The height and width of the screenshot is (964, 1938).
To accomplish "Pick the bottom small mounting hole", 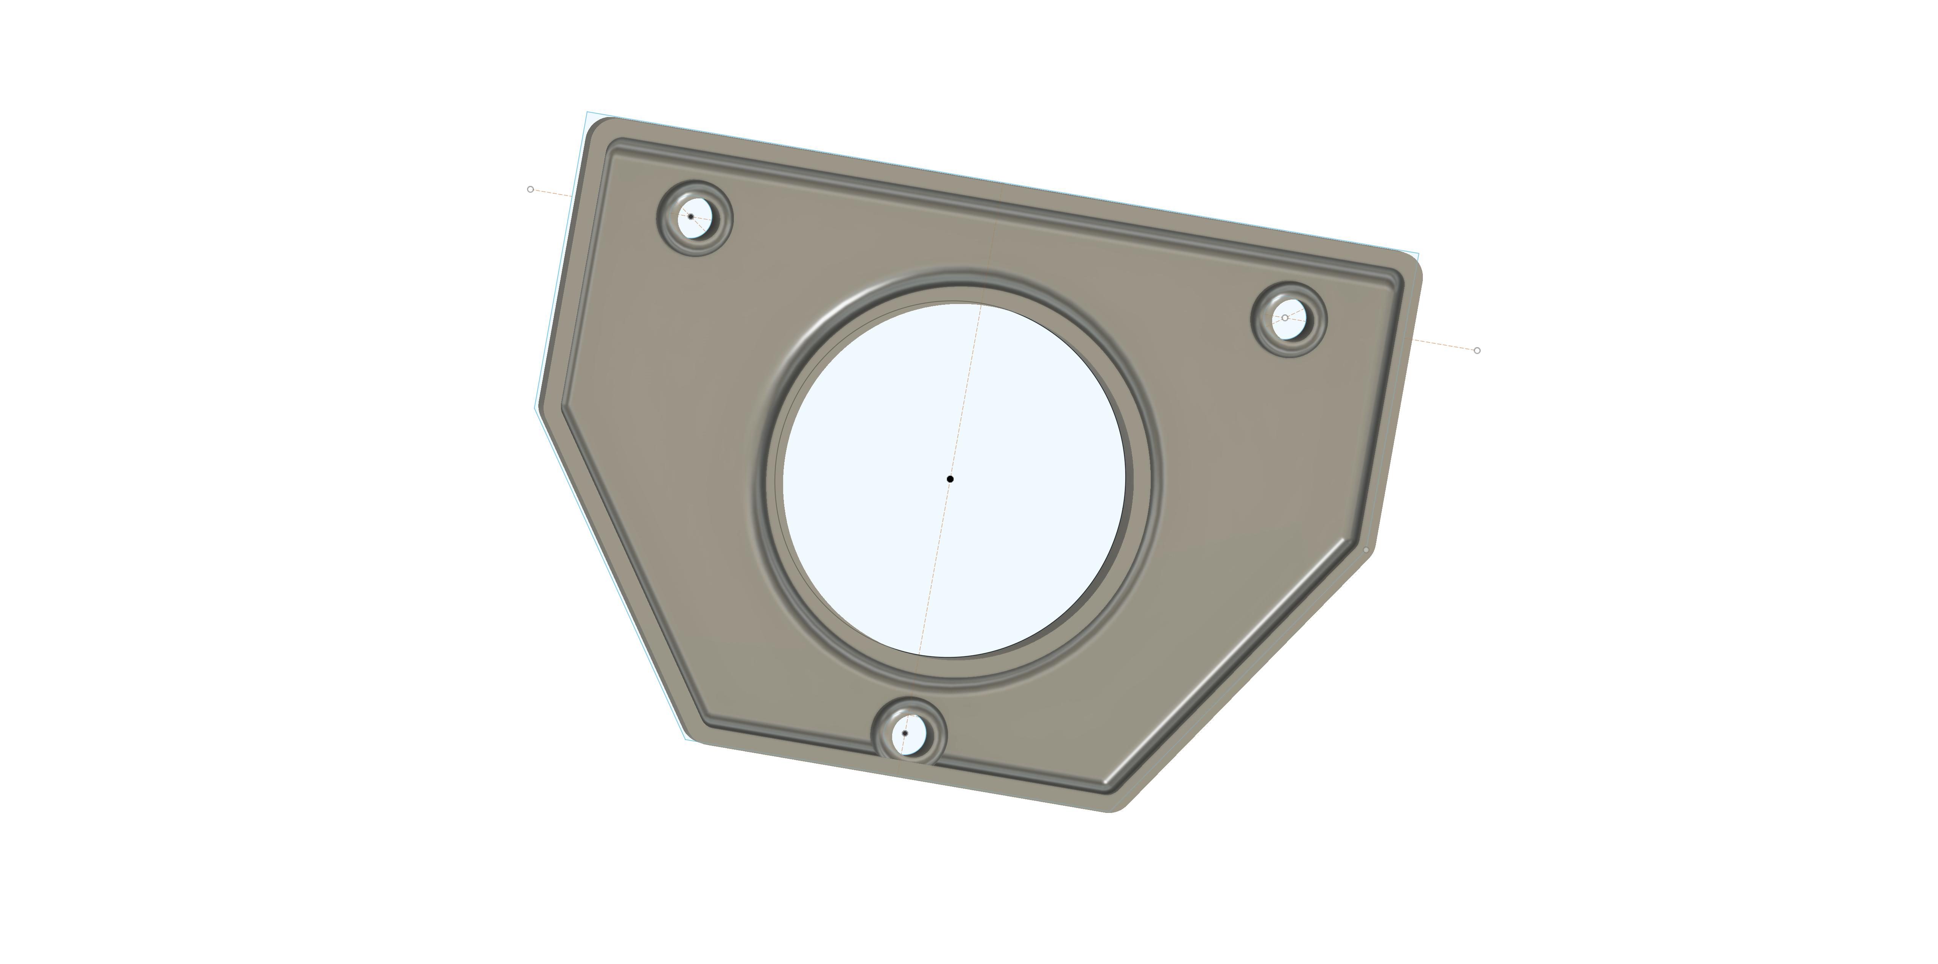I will [x=908, y=732].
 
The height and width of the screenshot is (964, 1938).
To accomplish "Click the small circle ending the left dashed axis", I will [x=530, y=189].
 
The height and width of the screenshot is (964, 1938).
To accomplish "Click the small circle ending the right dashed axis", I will [x=1477, y=351].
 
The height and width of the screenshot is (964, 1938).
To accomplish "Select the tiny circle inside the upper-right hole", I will [x=1285, y=318].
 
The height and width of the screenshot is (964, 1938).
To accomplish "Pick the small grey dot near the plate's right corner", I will [x=1366, y=550].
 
